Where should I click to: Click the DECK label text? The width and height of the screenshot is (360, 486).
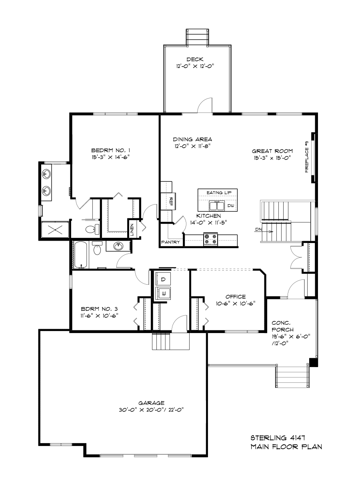[x=195, y=59]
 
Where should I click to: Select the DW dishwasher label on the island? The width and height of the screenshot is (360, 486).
[x=230, y=205]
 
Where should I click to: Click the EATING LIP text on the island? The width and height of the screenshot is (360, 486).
[x=219, y=193]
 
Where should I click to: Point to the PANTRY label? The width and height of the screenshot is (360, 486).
[x=170, y=242]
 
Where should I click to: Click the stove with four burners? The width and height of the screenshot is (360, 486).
[x=210, y=239]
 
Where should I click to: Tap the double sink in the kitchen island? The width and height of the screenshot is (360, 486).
[x=216, y=206]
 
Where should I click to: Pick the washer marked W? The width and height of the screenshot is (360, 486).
[x=163, y=293]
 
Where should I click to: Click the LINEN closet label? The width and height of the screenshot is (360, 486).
[x=132, y=229]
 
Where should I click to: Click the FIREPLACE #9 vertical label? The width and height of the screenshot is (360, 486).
[x=306, y=157]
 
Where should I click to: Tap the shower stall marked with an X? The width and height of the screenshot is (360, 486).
[x=55, y=230]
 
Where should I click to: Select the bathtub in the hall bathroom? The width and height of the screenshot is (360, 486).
[x=81, y=255]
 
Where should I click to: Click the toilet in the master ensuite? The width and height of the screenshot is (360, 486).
[x=92, y=229]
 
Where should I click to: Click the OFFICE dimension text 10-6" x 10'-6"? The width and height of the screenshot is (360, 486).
[x=236, y=303]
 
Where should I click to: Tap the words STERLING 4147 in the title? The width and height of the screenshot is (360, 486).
[x=278, y=438]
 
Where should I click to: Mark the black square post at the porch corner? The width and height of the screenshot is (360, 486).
[x=313, y=362]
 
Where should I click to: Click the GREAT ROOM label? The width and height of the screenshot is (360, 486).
[x=272, y=151]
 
